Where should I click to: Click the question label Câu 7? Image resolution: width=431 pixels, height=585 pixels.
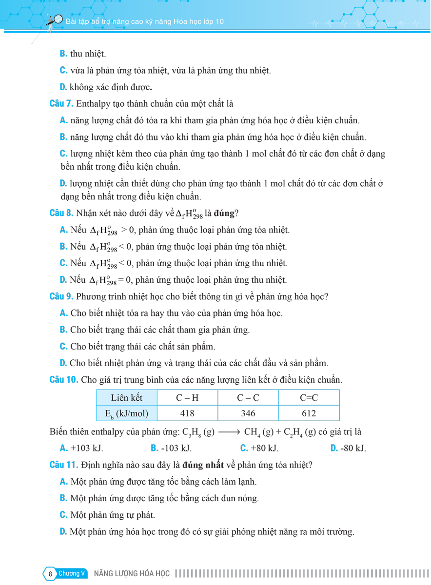pos(62,104)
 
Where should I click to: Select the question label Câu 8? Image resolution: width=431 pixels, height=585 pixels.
pos(62,213)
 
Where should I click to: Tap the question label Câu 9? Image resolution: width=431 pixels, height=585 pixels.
pos(62,296)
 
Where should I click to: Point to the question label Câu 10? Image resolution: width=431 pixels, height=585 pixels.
pos(64,380)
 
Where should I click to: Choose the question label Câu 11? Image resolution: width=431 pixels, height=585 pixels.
pos(64,465)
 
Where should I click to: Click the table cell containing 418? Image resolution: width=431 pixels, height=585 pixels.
pos(187,413)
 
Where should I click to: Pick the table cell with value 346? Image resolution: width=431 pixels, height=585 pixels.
pos(248,413)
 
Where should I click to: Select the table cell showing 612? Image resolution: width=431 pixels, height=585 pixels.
pos(309,413)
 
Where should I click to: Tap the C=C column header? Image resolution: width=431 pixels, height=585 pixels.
pos(309,398)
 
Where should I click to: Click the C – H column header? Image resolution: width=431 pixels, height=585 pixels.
pos(187,398)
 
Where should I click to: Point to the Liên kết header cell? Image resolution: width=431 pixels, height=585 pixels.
pos(127,398)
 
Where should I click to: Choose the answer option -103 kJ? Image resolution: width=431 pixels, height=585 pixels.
pos(172,448)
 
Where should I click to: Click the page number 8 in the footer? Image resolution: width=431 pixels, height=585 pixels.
pos(50,574)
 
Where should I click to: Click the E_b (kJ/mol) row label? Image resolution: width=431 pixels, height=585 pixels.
pos(127,413)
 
